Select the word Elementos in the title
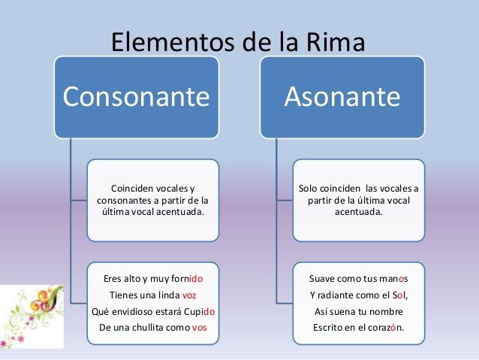tap(167, 42)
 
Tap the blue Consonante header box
tap(136, 97)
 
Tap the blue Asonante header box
tap(342, 97)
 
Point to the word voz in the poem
tap(189, 295)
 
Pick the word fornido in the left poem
tap(187, 278)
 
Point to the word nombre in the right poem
tap(387, 311)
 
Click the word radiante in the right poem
tap(342, 295)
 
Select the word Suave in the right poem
tap(323, 278)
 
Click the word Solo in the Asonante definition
tap(309, 188)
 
